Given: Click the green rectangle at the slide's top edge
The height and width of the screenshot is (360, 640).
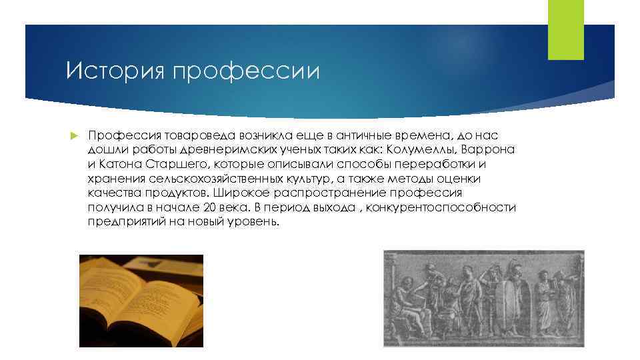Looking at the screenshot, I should pos(565,30).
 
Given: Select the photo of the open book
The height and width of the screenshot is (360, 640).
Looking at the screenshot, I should pos(141,301).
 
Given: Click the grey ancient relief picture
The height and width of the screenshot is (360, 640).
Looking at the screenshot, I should pos(483,298).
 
